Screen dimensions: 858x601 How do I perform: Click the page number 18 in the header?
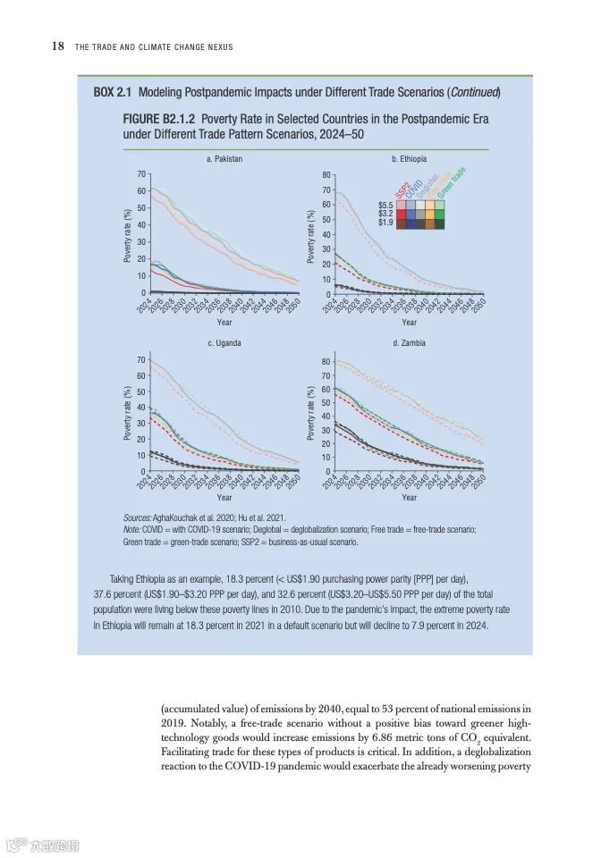click(x=57, y=46)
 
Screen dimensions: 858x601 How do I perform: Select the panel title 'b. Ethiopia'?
click(x=410, y=158)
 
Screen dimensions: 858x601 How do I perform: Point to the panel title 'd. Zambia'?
click(x=409, y=343)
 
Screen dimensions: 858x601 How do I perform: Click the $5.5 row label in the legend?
click(x=385, y=205)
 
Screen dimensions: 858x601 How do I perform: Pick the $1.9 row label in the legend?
click(x=385, y=223)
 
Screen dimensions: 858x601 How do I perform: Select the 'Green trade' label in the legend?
click(x=451, y=183)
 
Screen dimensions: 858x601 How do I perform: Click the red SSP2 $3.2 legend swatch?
click(x=401, y=214)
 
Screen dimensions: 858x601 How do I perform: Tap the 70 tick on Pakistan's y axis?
click(x=140, y=173)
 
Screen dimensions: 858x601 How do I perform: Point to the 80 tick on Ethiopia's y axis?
click(x=326, y=175)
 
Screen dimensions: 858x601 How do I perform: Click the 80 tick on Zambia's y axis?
click(x=326, y=362)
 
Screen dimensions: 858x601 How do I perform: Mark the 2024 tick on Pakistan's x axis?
click(x=144, y=305)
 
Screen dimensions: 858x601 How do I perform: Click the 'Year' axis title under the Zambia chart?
click(x=409, y=497)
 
